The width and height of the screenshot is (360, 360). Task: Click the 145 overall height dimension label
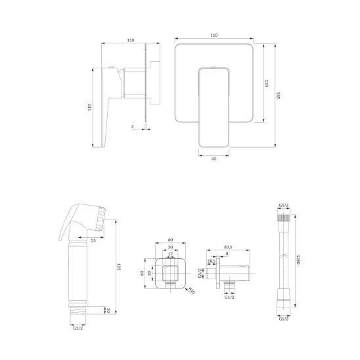point(278,95)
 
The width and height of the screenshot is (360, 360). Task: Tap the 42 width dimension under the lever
point(214,158)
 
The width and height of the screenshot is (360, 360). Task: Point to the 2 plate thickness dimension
point(133,126)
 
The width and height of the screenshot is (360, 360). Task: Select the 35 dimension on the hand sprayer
point(93,240)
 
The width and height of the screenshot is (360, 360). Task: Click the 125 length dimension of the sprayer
point(119,267)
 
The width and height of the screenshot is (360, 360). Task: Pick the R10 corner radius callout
point(191,290)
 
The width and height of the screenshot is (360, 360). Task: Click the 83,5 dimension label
point(228,247)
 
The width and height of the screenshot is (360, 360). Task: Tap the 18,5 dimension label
point(212,261)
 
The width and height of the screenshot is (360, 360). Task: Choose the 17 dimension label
point(170,254)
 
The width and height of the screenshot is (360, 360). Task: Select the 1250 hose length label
point(298,259)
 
